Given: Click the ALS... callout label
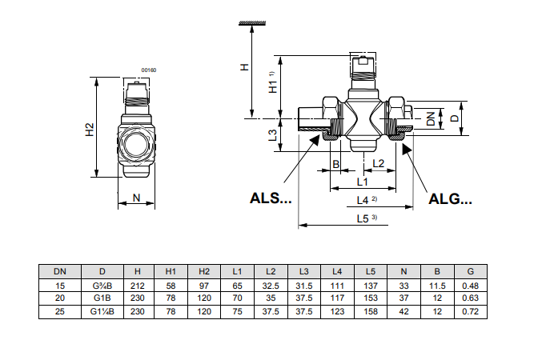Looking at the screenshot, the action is pos(271,198).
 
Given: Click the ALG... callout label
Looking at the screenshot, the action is pos(450,199).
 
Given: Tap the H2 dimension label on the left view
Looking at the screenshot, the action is pos(90,130).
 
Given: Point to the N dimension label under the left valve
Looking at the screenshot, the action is pos(136,198).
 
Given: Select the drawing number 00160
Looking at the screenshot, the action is pos(149,70).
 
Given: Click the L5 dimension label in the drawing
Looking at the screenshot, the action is pos(363,218).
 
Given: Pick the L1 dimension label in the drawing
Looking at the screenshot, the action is pos(363,182).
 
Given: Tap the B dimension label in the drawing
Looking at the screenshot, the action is pos(335,164).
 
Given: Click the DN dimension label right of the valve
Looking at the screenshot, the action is pos(431,118).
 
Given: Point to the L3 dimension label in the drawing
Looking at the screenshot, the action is pos(273,135).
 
